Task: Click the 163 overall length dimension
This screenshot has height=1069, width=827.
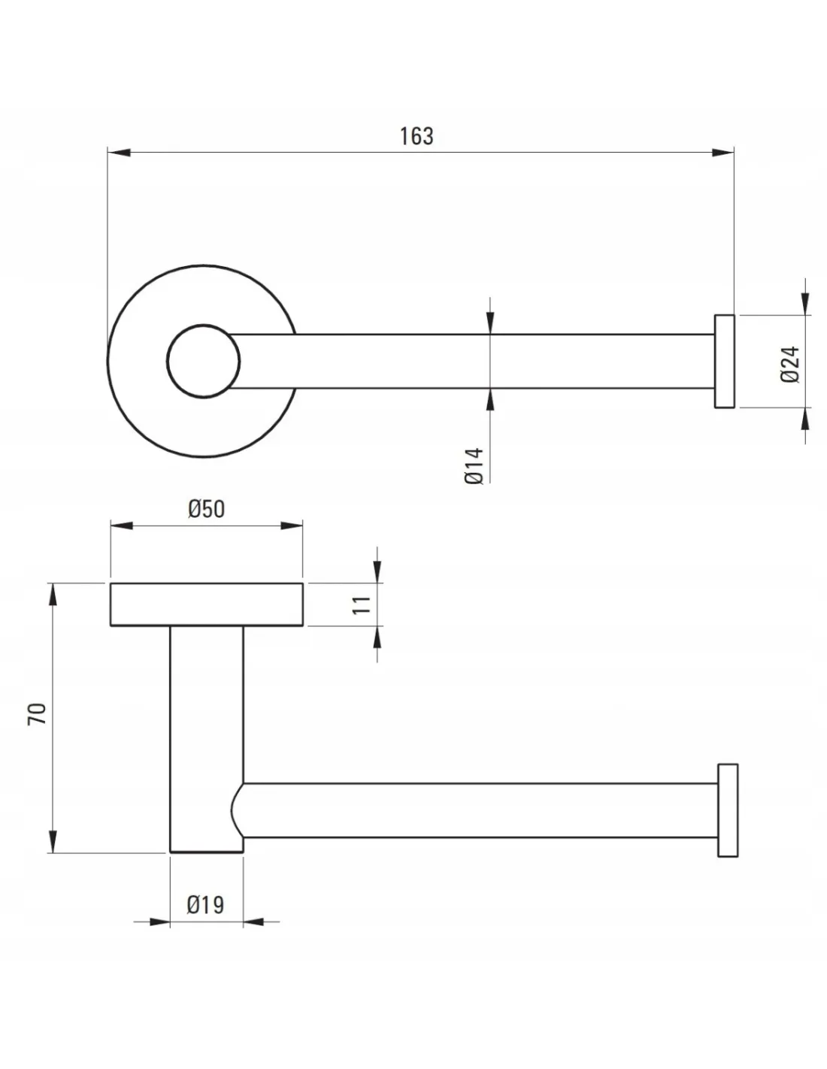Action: click(x=417, y=136)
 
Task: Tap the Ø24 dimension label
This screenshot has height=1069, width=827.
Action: click(x=790, y=364)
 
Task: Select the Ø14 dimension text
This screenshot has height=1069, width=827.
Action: click(x=474, y=465)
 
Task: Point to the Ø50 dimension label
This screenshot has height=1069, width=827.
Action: click(x=206, y=509)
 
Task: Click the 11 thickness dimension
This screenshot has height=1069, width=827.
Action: click(x=362, y=604)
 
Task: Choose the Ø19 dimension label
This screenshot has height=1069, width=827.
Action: click(x=206, y=904)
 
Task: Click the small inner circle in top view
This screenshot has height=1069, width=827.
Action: click(x=204, y=362)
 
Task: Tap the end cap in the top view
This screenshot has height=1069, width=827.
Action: click(x=724, y=362)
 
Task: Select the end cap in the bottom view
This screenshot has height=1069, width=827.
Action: click(x=728, y=810)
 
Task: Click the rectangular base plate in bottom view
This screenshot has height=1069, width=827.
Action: click(x=207, y=604)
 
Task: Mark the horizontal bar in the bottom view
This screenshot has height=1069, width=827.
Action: click(x=481, y=810)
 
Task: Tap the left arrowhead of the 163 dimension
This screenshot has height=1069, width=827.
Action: click(x=119, y=153)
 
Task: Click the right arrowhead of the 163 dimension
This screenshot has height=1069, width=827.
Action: click(x=723, y=153)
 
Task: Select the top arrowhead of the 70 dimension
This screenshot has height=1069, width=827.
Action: click(x=52, y=595)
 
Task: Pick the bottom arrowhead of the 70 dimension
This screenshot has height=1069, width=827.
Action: click(x=52, y=841)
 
